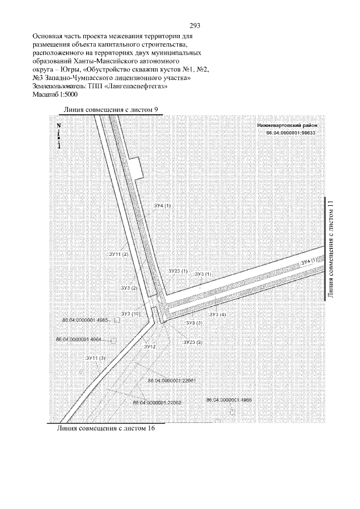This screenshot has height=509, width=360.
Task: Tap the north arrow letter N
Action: pyautogui.click(x=58, y=126)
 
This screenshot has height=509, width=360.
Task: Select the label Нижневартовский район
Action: pyautogui.click(x=287, y=126)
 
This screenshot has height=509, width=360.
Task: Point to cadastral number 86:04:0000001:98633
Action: pyautogui.click(x=291, y=133)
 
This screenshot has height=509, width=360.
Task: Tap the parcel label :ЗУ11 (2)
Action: pyautogui.click(x=118, y=254)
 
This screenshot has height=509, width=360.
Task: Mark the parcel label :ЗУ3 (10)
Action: pyautogui.click(x=130, y=313)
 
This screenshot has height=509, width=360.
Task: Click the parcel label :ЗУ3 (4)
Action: pyautogui.click(x=217, y=314)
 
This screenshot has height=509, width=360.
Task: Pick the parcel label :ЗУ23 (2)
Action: pyautogui.click(x=192, y=342)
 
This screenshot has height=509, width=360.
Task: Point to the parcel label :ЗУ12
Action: pyautogui.click(x=149, y=347)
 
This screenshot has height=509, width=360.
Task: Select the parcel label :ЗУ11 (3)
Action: pyautogui.click(x=94, y=358)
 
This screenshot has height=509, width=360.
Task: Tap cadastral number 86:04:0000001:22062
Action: pyautogui.click(x=157, y=403)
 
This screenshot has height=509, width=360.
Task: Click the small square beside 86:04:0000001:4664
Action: pyautogui.click(x=112, y=340)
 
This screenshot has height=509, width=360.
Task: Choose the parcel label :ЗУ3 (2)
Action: pyautogui.click(x=129, y=287)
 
